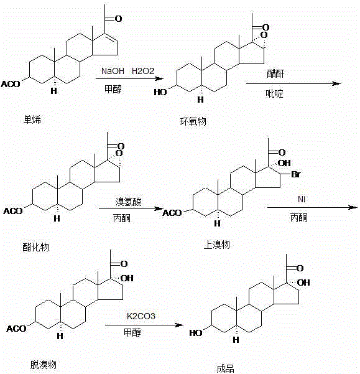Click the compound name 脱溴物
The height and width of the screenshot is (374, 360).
click(x=40, y=363)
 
